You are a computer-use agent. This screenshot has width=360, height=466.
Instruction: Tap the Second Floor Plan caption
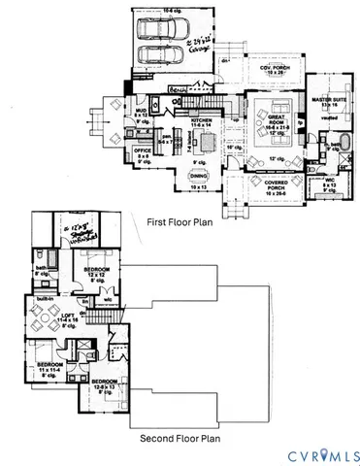[180, 438]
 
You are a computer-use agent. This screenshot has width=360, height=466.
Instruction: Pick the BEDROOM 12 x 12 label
[95, 272]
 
